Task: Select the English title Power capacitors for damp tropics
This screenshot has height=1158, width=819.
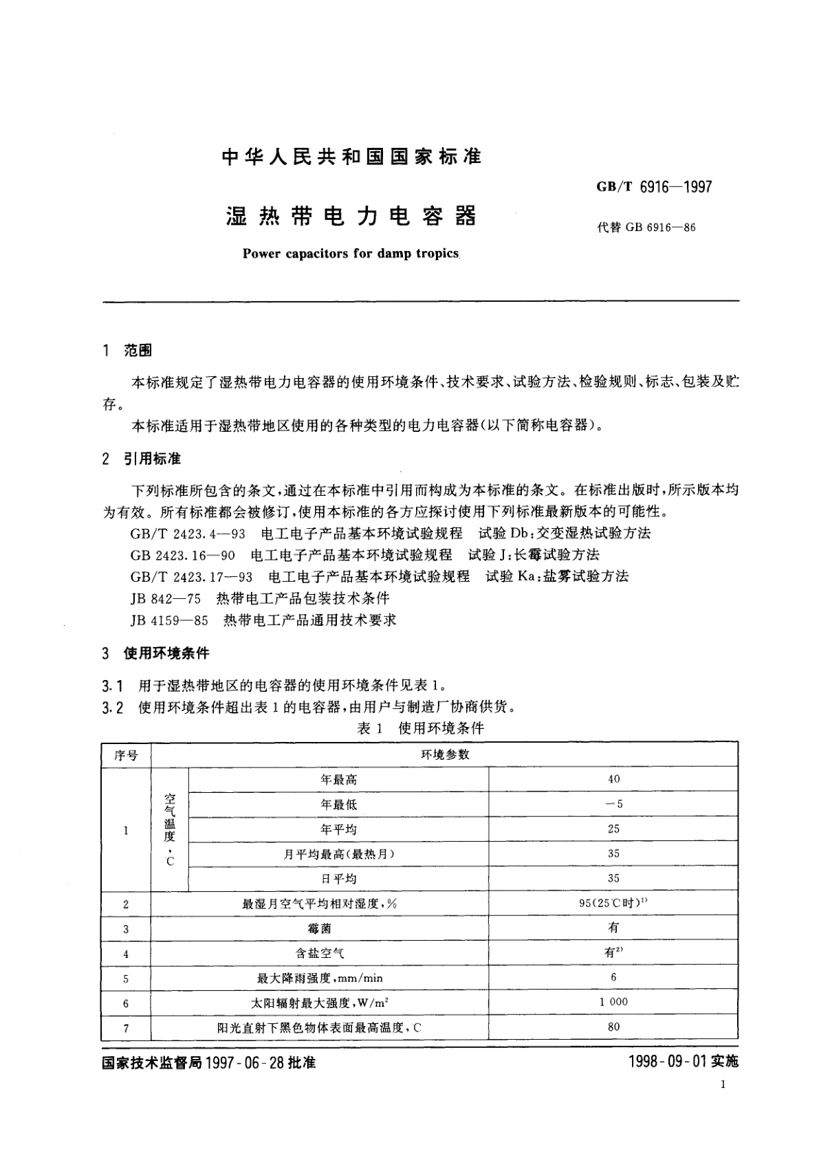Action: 351,254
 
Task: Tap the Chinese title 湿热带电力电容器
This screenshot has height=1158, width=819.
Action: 351,217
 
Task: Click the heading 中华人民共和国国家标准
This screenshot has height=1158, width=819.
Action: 351,157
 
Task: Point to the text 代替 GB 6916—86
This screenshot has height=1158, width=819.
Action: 646,227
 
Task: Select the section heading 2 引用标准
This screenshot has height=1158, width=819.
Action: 141,459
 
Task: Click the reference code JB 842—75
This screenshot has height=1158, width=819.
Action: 165,598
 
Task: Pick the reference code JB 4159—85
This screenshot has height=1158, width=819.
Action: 169,620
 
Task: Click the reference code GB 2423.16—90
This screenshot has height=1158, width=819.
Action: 182,554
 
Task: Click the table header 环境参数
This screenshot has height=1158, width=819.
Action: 444,754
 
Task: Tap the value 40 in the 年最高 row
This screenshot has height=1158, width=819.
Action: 613,779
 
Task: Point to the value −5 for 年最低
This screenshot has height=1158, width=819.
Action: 613,804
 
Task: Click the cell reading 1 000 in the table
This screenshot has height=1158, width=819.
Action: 613,1002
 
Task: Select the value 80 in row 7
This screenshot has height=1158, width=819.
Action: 613,1027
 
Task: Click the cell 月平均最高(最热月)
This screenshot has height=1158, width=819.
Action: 339,854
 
